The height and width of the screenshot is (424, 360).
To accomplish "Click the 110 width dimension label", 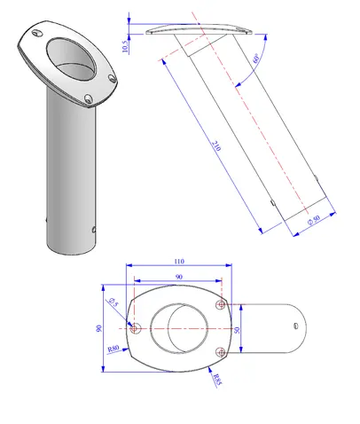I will pos(178,261).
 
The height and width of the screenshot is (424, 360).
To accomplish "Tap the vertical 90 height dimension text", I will pos(100,327).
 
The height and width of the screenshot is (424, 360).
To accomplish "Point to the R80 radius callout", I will pos(113,349).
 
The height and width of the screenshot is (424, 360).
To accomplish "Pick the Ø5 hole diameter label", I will pos(113,303).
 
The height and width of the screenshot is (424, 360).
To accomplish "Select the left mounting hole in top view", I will pos(137,328).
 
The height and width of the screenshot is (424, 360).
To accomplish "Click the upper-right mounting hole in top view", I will pos(221,305).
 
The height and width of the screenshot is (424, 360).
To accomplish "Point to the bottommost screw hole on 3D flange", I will pos(87,99).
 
